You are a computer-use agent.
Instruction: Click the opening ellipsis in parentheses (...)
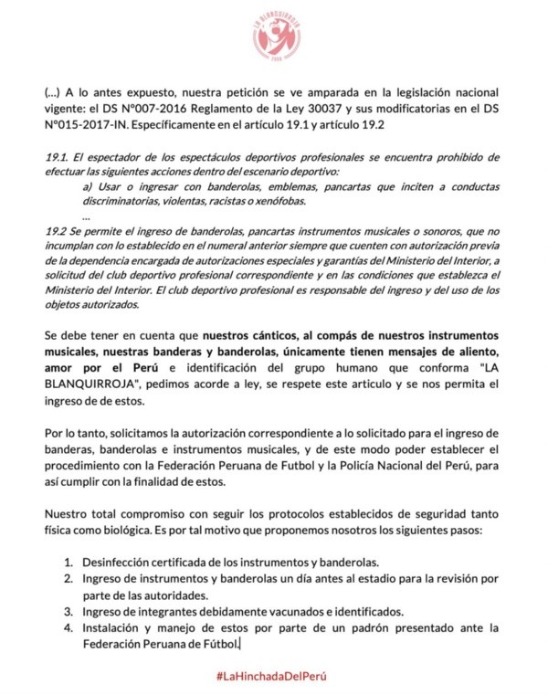tap(54, 92)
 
